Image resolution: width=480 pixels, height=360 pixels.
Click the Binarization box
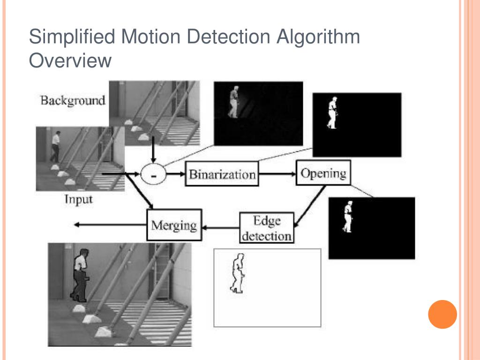point(222,174)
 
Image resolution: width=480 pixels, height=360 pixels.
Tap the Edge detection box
point(266,228)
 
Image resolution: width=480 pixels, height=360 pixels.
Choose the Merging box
point(174,225)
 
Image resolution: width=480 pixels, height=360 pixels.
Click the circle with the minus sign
point(153,175)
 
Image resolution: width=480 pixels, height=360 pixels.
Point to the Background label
point(73,100)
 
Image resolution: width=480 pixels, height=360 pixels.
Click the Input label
point(78,199)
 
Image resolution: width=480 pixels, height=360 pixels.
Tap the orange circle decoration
point(442,314)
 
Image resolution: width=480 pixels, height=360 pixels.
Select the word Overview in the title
point(70,60)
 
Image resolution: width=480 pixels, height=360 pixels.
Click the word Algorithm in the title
point(319,37)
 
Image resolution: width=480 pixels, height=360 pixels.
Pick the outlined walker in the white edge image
point(238,273)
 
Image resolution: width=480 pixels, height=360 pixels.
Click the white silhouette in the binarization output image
point(332,112)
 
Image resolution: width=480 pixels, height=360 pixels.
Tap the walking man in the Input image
point(55,146)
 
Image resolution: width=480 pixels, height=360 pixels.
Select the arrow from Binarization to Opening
point(277,174)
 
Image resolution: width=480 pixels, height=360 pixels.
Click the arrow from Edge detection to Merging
point(220,228)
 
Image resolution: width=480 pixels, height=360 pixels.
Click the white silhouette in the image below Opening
point(347,216)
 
